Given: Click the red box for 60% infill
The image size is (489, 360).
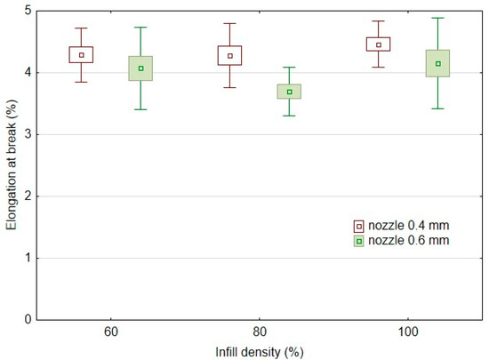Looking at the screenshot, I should click(x=81, y=54).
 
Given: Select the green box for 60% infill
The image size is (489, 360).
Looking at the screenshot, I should click(x=140, y=68).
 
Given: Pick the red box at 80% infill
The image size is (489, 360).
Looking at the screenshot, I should click(x=229, y=55).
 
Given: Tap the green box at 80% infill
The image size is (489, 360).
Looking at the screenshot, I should click(x=289, y=92).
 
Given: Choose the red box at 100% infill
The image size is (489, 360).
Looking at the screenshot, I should click(x=378, y=44).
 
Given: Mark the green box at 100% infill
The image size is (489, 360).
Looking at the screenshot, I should click(x=437, y=63).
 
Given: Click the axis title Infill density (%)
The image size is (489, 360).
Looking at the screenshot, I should click(x=260, y=351).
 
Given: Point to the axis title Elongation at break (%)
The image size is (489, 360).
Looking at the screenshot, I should click(x=11, y=165).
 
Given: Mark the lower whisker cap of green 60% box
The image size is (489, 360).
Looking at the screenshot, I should click(x=140, y=109).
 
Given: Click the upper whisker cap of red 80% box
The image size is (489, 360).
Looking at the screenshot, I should click(x=229, y=23).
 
